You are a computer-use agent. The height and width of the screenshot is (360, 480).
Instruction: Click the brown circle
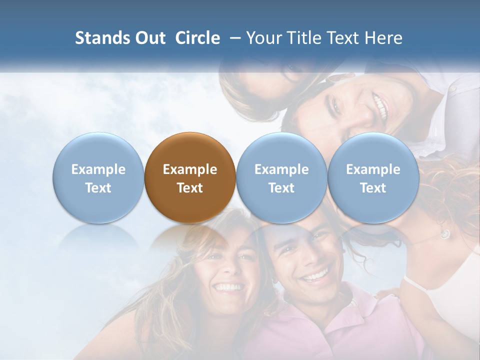click(190, 177)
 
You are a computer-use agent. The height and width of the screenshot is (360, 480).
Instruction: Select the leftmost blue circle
click(98, 177)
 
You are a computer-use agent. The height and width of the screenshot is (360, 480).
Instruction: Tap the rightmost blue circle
click(373, 177)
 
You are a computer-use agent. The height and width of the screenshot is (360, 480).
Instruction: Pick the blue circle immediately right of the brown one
click(281, 177)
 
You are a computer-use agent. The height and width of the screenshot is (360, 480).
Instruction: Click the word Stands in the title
click(102, 38)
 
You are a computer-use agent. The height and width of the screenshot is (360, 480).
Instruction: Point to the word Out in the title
click(150, 38)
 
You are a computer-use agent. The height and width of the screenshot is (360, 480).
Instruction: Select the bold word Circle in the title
click(197, 38)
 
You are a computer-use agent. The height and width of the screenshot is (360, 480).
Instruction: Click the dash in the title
click(233, 38)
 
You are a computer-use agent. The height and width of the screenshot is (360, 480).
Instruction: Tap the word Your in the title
click(263, 38)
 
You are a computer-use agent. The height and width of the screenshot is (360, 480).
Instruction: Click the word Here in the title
click(384, 38)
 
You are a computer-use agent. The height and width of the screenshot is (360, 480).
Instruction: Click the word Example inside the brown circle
click(190, 169)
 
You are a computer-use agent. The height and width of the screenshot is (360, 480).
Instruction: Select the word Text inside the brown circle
click(190, 188)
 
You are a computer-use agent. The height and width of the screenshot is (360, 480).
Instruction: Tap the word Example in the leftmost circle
click(98, 169)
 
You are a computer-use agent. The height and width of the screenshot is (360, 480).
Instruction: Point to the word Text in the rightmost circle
click(373, 188)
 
